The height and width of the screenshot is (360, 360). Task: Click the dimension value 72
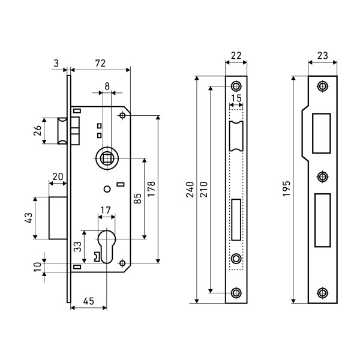coord(101,62)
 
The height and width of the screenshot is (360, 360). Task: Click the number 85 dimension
coord(137,198)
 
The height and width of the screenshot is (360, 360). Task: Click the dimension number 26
coord(36,131)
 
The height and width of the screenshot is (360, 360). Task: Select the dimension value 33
coord(76,246)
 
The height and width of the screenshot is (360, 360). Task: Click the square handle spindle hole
coord(107,158)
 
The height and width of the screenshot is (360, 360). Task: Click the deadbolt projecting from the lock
coord(58,217)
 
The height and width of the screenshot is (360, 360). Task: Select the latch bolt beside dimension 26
coord(63,131)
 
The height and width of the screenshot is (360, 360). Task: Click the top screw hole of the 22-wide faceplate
coord(236,85)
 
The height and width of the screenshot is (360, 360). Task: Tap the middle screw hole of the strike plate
coord(322,176)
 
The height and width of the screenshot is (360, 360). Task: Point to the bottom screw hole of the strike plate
coord(322,293)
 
